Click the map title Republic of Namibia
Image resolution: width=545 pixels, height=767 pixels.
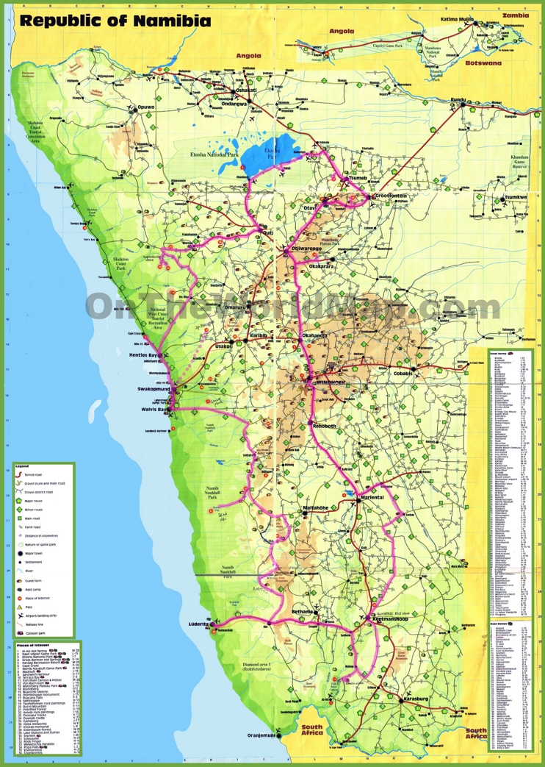115,20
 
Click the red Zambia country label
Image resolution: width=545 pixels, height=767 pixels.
515,15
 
